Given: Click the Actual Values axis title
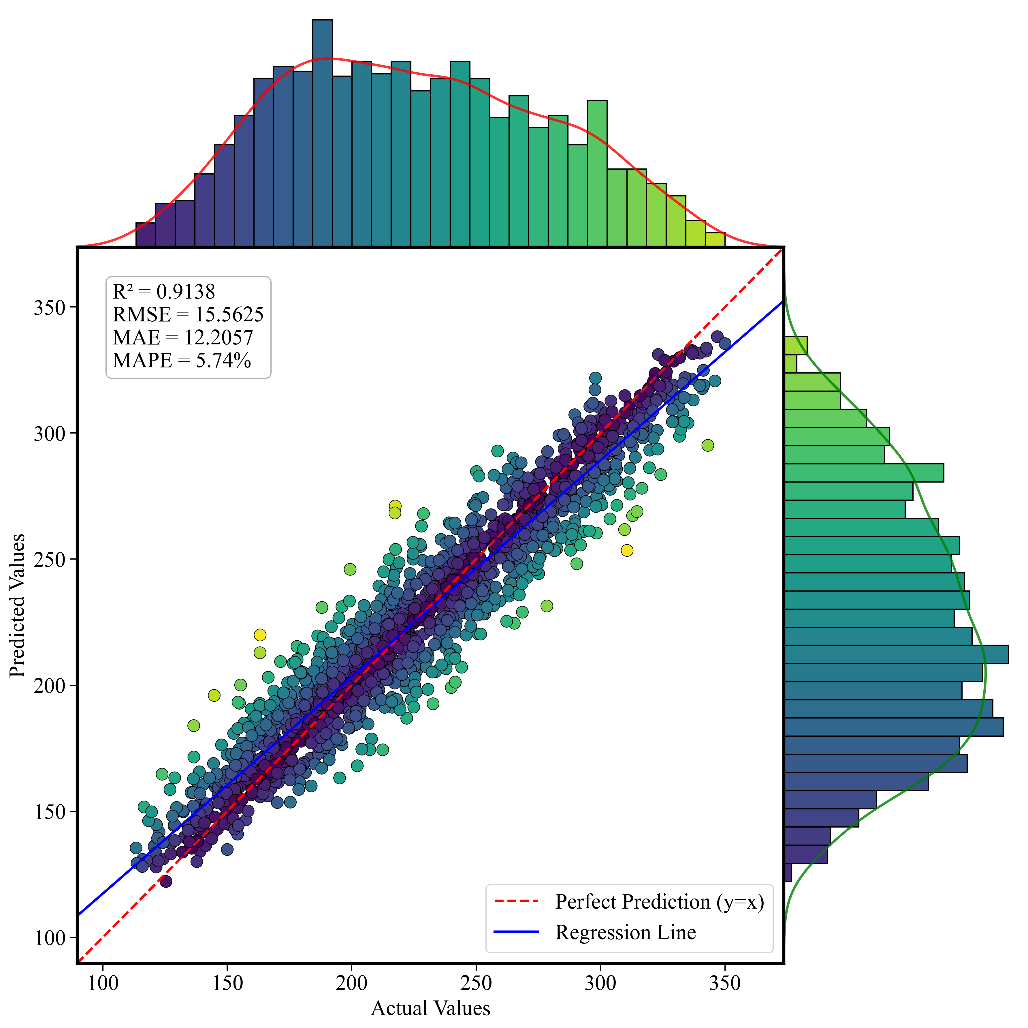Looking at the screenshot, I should click(430, 1008).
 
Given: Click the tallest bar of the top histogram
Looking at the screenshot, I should click(323, 133).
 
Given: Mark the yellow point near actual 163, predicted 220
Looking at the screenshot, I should click(260, 635).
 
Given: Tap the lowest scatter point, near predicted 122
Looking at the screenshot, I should click(166, 881).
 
